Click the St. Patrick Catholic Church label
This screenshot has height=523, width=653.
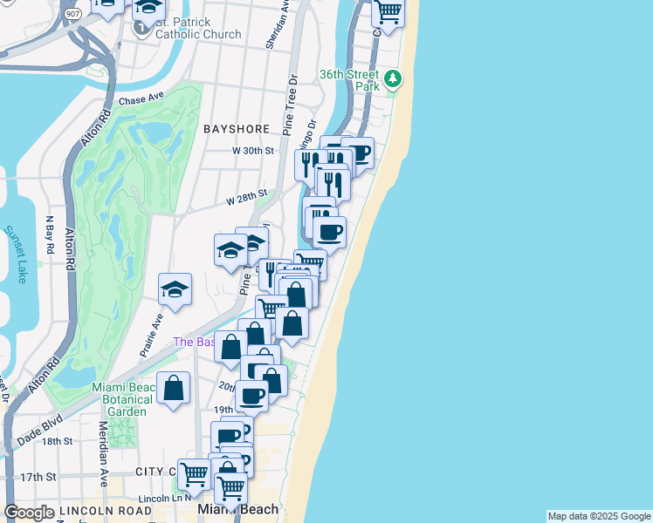198,28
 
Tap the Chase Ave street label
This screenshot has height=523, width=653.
141,100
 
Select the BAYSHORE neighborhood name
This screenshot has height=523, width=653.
237,129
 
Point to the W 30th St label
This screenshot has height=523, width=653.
253,151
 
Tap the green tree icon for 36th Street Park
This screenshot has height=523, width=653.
394,80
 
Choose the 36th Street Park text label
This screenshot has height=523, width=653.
349,80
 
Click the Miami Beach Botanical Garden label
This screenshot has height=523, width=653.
127,399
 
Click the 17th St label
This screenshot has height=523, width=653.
38,477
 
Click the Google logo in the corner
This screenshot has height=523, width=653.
29,513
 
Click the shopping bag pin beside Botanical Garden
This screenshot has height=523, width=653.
174,388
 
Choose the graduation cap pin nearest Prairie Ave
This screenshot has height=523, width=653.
175,291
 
